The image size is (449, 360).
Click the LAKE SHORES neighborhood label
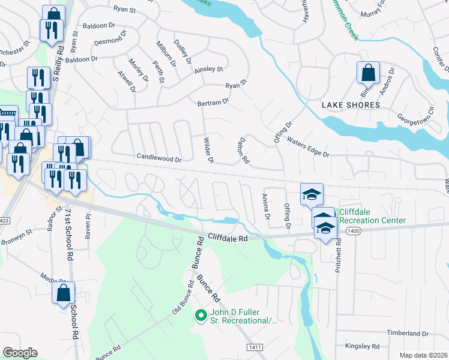point(351,105)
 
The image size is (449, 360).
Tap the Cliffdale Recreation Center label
point(372,216)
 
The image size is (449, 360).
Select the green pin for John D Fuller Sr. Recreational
point(200,314)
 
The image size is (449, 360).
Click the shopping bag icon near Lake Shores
point(368,73)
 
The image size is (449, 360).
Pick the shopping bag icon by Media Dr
point(63,295)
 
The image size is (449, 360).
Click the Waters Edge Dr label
point(309,147)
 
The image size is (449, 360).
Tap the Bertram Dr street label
point(214,103)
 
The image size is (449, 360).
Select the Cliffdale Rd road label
point(228,238)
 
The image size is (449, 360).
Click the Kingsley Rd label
point(362,346)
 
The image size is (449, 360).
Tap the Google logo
point(20,353)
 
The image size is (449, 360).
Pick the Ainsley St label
point(208,70)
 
